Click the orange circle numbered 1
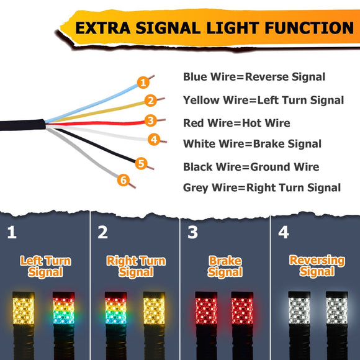pyautogui.click(x=143, y=82)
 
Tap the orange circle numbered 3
pyautogui.click(x=150, y=120)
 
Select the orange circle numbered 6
pyautogui.click(x=124, y=181)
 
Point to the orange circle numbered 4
pyautogui.click(x=154, y=140)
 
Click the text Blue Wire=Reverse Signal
pyautogui.click(x=254, y=77)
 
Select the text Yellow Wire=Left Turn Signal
pyautogui.click(x=263, y=100)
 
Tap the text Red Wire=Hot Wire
pyautogui.click(x=236, y=123)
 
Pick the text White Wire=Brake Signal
pyautogui.click(x=252, y=144)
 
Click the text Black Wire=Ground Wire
pyautogui.click(x=251, y=166)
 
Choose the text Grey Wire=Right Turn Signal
pyautogui.click(x=262, y=187)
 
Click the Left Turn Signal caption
pyautogui.click(x=45, y=266)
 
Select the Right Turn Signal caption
pyautogui.click(x=135, y=266)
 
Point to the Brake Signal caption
pyautogui.click(x=225, y=266)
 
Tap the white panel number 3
pyautogui.click(x=192, y=233)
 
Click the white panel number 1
pyautogui.click(x=12, y=233)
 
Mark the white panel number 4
pyautogui.click(x=284, y=233)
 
